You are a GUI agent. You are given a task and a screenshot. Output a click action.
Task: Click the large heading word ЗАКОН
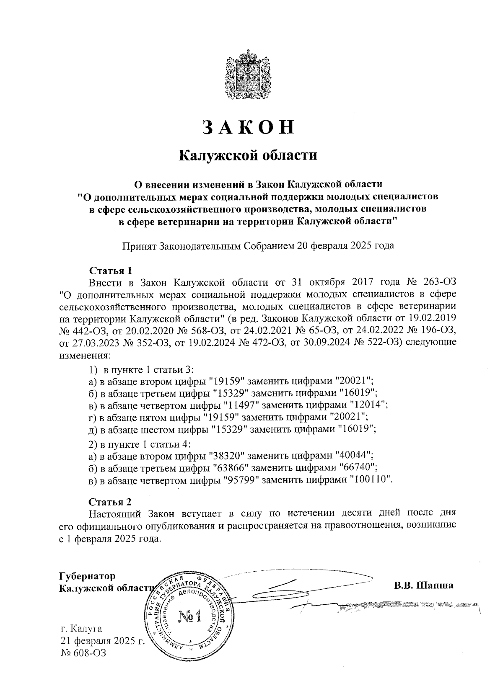[x=248, y=127]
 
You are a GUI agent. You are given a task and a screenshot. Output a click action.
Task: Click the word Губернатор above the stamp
[x=87, y=576]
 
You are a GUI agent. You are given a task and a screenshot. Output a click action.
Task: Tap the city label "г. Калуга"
[x=81, y=629]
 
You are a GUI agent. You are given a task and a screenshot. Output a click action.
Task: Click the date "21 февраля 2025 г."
[x=103, y=641]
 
